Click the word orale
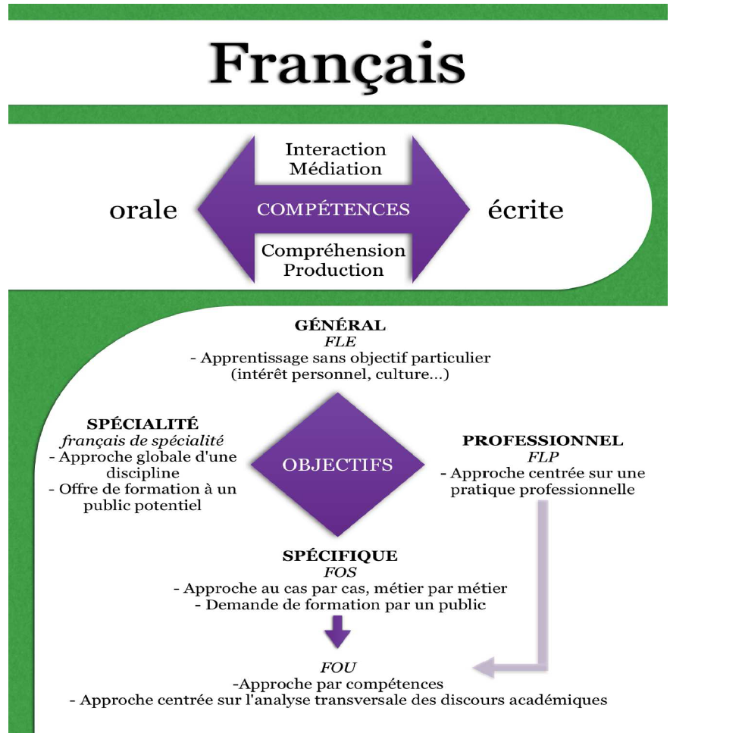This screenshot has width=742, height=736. coord(143,210)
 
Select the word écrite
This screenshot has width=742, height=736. coord(525,210)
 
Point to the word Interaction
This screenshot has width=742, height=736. coord(336,149)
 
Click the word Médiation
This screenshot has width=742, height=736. coord(336,168)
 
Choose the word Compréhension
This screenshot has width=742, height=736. coord(333,250)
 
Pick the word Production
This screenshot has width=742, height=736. coord(333,270)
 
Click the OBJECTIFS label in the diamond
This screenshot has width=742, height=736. coord(337,465)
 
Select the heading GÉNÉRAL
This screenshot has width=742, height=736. coord(340,325)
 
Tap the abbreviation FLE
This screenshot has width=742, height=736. coord(340,341)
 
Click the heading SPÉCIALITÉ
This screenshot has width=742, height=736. coord(142,424)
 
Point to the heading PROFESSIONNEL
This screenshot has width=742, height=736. coord(543,440)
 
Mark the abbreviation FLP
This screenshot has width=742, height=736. coord(543,457)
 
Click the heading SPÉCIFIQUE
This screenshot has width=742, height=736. coord(340,556)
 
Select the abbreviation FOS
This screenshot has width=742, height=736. coord(340,572)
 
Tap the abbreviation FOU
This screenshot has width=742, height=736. coord(338,668)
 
